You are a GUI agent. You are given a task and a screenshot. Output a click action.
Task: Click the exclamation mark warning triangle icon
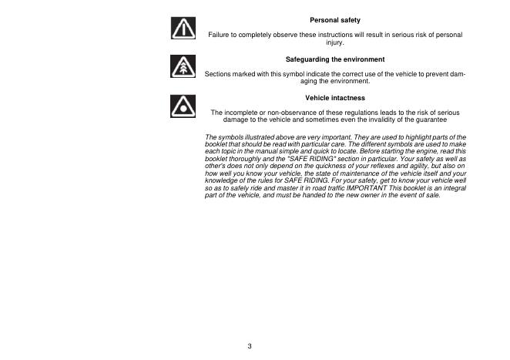[x=182, y=29]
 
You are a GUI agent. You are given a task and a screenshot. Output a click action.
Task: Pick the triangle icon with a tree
[x=182, y=67]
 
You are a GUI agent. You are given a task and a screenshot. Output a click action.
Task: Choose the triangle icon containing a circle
[x=182, y=106]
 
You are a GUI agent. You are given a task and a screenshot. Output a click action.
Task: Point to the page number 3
[x=249, y=345]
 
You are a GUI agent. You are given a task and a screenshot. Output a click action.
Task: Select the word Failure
[x=221, y=36]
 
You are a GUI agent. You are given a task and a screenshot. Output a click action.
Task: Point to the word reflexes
[x=362, y=170]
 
